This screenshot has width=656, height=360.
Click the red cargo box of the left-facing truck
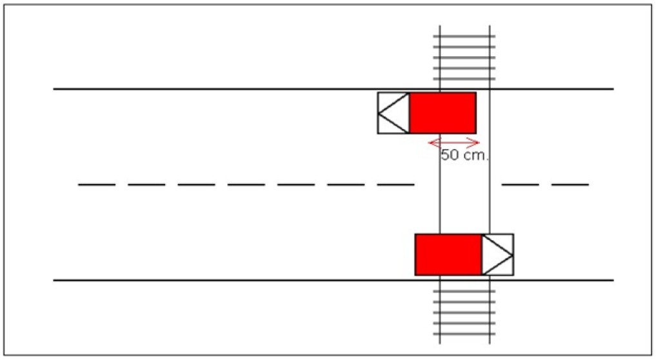click(x=442, y=113)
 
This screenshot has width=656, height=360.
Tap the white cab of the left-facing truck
click(x=393, y=113)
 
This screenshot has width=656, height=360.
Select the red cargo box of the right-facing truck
click(x=448, y=254)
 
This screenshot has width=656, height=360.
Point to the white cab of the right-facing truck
click(x=498, y=254)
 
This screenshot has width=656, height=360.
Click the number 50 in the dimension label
click(x=451, y=155)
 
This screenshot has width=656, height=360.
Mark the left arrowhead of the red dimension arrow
click(x=435, y=143)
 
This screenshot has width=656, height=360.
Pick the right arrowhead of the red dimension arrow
click(x=473, y=143)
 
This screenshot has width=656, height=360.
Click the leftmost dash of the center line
click(x=97, y=184)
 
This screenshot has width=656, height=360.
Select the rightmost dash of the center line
click(x=570, y=184)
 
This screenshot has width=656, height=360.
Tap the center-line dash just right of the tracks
click(x=521, y=184)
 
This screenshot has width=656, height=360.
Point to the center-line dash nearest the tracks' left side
click(x=396, y=184)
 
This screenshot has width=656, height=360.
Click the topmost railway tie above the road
click(x=464, y=36)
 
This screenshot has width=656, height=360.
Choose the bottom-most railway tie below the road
click(x=464, y=334)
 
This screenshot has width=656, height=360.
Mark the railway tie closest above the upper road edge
click(x=464, y=78)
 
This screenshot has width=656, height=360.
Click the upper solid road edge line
click(x=333, y=89)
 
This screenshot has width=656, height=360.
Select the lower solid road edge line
click(x=333, y=280)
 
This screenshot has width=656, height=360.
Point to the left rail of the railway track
click(x=440, y=185)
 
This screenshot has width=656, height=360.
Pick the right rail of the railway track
click(x=490, y=185)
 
